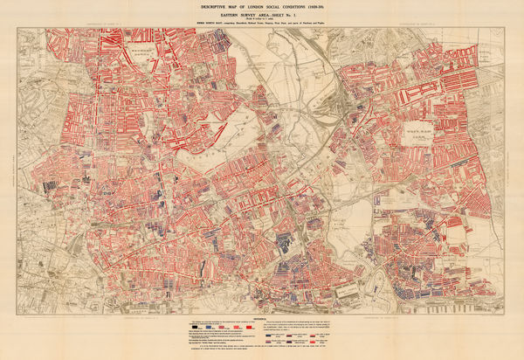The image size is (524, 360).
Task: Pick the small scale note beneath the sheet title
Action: pyautogui.click(x=262, y=21)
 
